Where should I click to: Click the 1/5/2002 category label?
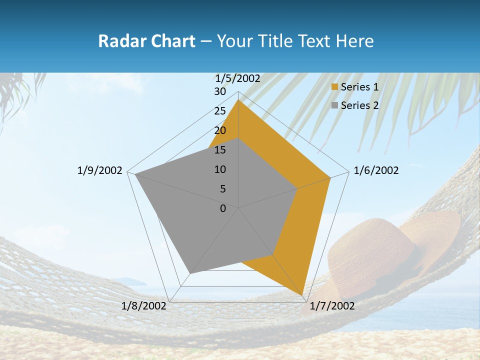pos(238,78)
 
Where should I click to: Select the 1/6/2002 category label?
pos(376,170)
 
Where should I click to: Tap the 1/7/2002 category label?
pos(332,306)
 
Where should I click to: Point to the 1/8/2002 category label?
pos(144,306)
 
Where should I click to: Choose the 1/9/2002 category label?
pos(100,170)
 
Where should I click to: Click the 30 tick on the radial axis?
pos(219,92)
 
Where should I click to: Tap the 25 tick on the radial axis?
pos(219,111)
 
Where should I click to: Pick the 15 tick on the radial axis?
pos(219,150)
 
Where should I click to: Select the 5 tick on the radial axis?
pos(222,189)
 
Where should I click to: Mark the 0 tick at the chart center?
pos(223,208)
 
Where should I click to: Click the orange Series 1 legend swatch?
pos(335,87)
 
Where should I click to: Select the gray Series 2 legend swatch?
pos(335,105)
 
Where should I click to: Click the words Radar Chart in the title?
pos(146,41)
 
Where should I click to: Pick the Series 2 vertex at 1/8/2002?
pos(189,273)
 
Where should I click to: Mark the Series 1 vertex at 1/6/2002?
pos(330,177)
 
